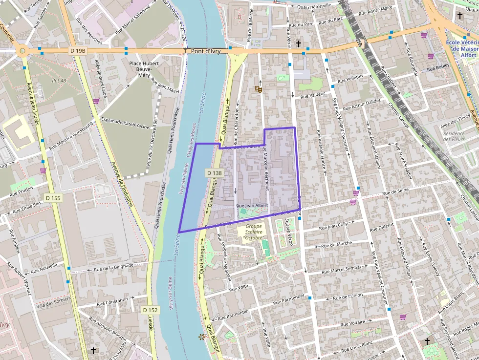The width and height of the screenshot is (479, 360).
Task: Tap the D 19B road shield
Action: coord(78,50)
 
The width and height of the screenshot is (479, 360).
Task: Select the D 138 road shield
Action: coord(214,172)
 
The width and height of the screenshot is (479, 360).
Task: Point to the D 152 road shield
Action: coord(151,310)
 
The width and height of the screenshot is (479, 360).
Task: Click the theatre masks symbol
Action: coord(258,89)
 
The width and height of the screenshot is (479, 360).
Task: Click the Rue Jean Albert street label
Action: coord(252,206)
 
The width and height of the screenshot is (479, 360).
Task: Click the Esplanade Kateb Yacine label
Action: coord(125,126)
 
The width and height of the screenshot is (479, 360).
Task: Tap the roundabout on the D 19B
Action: coord(22,50)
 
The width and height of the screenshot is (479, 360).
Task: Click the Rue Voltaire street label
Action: coord(351,322)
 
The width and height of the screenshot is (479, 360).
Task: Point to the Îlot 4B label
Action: coord(60,80)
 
